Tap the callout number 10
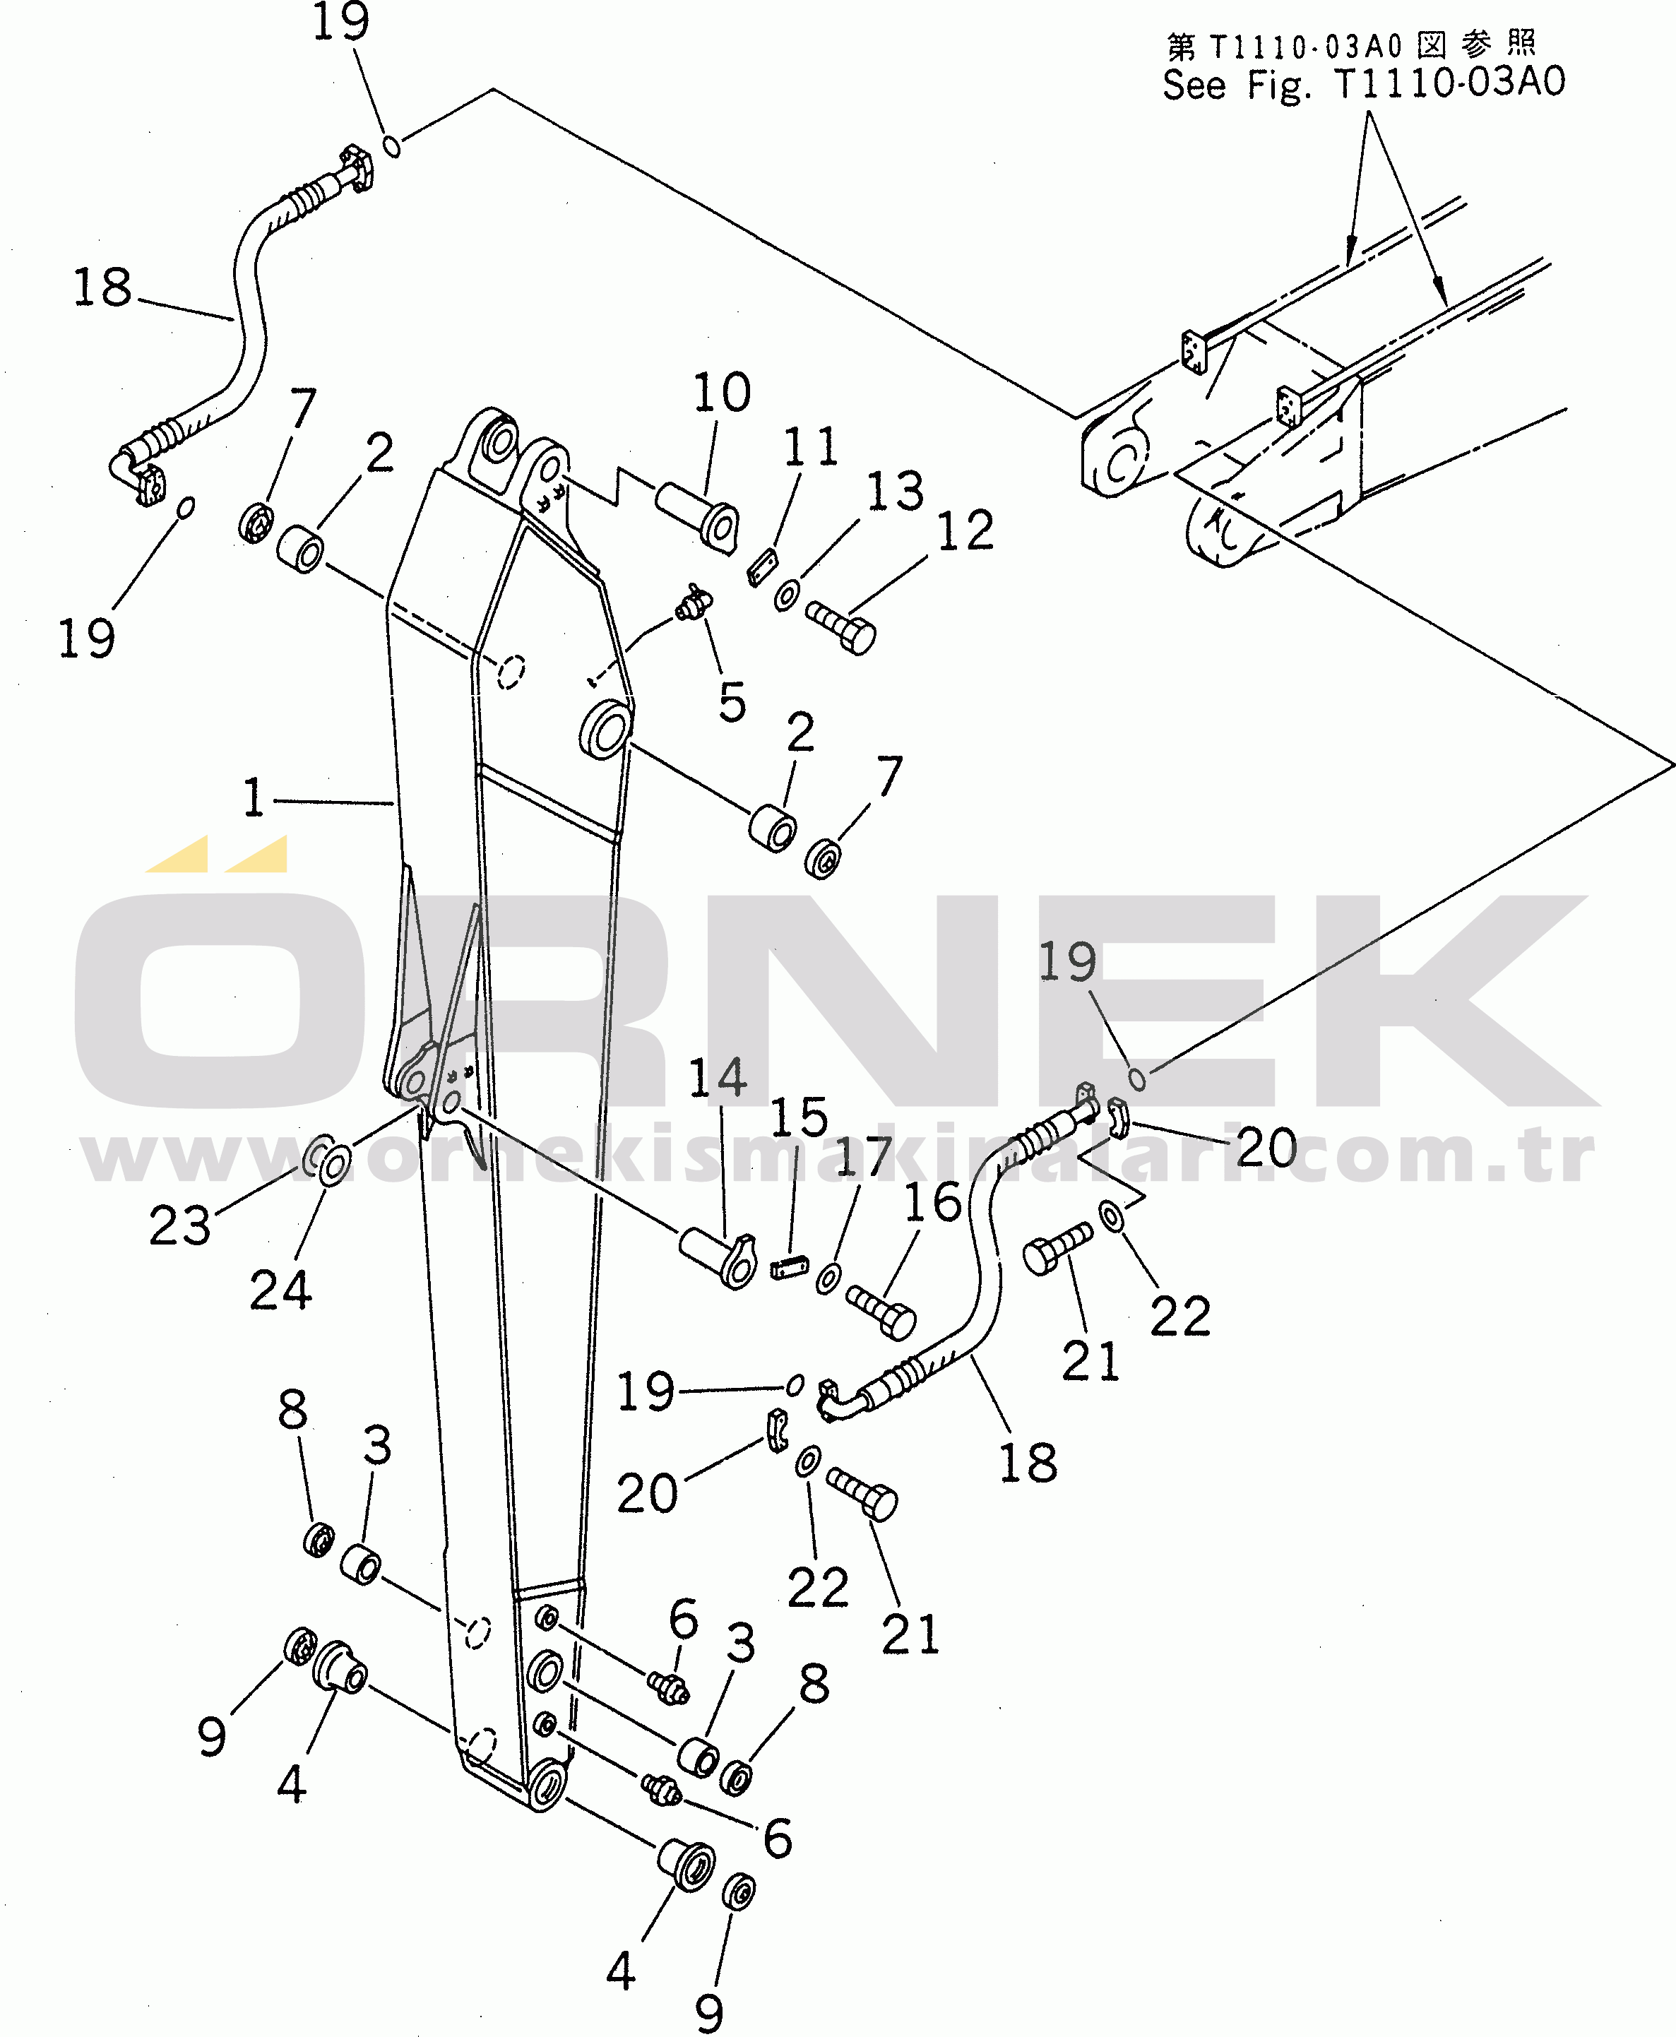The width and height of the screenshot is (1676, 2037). pos(722,392)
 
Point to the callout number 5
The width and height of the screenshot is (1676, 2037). pos(733,702)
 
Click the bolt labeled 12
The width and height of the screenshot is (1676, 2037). pos(841,627)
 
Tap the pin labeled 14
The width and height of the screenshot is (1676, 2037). pos(718,1259)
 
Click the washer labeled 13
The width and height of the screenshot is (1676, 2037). pos(787,595)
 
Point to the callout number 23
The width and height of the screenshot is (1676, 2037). pos(179,1226)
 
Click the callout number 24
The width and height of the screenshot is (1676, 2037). pos(281,1290)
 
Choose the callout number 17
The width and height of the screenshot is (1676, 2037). pos(864,1156)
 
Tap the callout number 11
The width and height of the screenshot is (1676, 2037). pos(811,447)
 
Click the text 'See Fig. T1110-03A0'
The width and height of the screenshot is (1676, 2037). pos(1363,84)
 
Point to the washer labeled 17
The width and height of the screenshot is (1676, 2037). pos(827,1279)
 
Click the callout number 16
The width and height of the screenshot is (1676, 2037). pos(932,1203)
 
